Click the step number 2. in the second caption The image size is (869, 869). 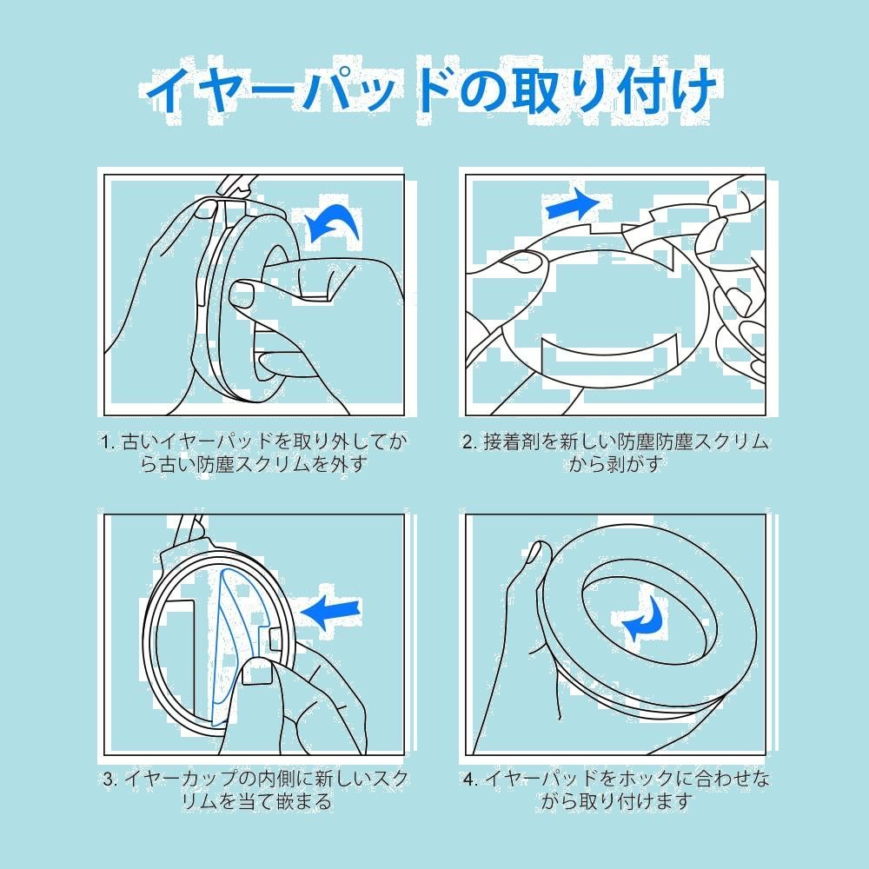pos(470,441)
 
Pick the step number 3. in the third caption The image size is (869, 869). pos(110,779)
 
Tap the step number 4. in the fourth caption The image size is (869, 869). pos(471,779)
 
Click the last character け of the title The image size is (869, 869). pos(690,88)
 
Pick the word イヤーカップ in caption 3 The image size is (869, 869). pos(182,779)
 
